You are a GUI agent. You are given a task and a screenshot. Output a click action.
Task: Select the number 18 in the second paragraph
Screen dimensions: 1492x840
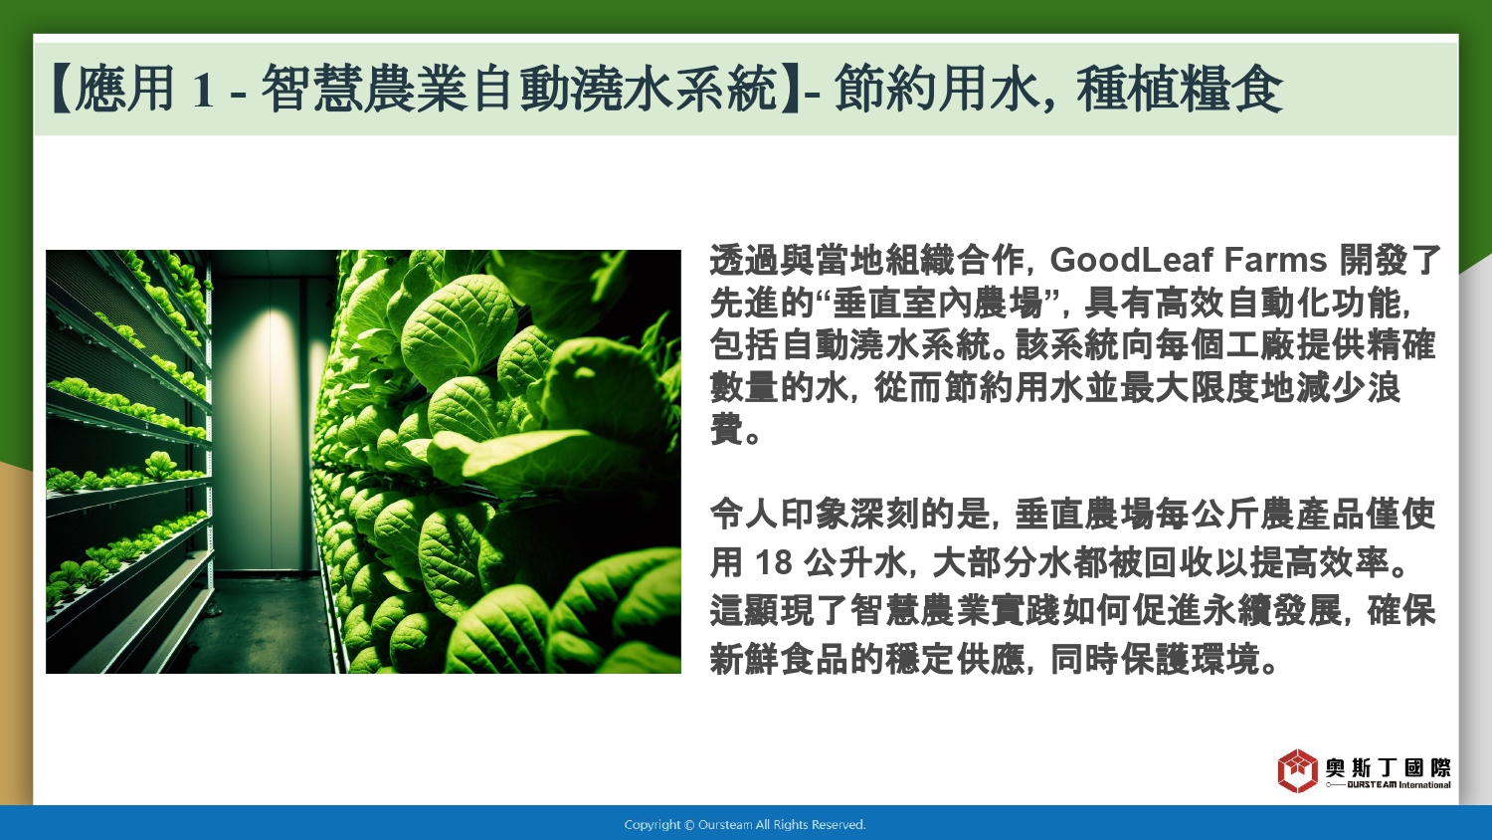click(x=773, y=562)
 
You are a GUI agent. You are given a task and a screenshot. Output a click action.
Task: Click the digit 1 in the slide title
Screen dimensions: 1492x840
click(x=203, y=90)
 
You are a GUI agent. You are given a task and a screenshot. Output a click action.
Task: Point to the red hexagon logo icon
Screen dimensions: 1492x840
click(x=1297, y=770)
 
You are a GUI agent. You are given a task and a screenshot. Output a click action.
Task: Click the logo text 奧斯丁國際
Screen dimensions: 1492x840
click(x=1388, y=767)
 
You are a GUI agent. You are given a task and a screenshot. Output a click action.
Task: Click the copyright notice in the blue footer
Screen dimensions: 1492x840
click(x=745, y=825)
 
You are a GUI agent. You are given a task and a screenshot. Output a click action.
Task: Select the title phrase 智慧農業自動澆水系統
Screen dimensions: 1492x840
click(x=519, y=89)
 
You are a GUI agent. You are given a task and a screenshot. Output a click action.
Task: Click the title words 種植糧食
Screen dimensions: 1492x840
click(x=1180, y=89)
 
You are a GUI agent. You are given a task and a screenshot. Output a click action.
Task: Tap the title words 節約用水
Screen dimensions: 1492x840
click(x=937, y=89)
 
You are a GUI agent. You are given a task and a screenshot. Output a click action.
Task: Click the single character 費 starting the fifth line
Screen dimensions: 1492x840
click(x=727, y=430)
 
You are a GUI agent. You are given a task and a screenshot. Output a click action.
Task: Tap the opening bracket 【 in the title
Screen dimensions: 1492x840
click(x=62, y=89)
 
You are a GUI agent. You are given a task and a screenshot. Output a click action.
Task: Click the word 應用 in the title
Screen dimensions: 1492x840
click(x=124, y=89)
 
